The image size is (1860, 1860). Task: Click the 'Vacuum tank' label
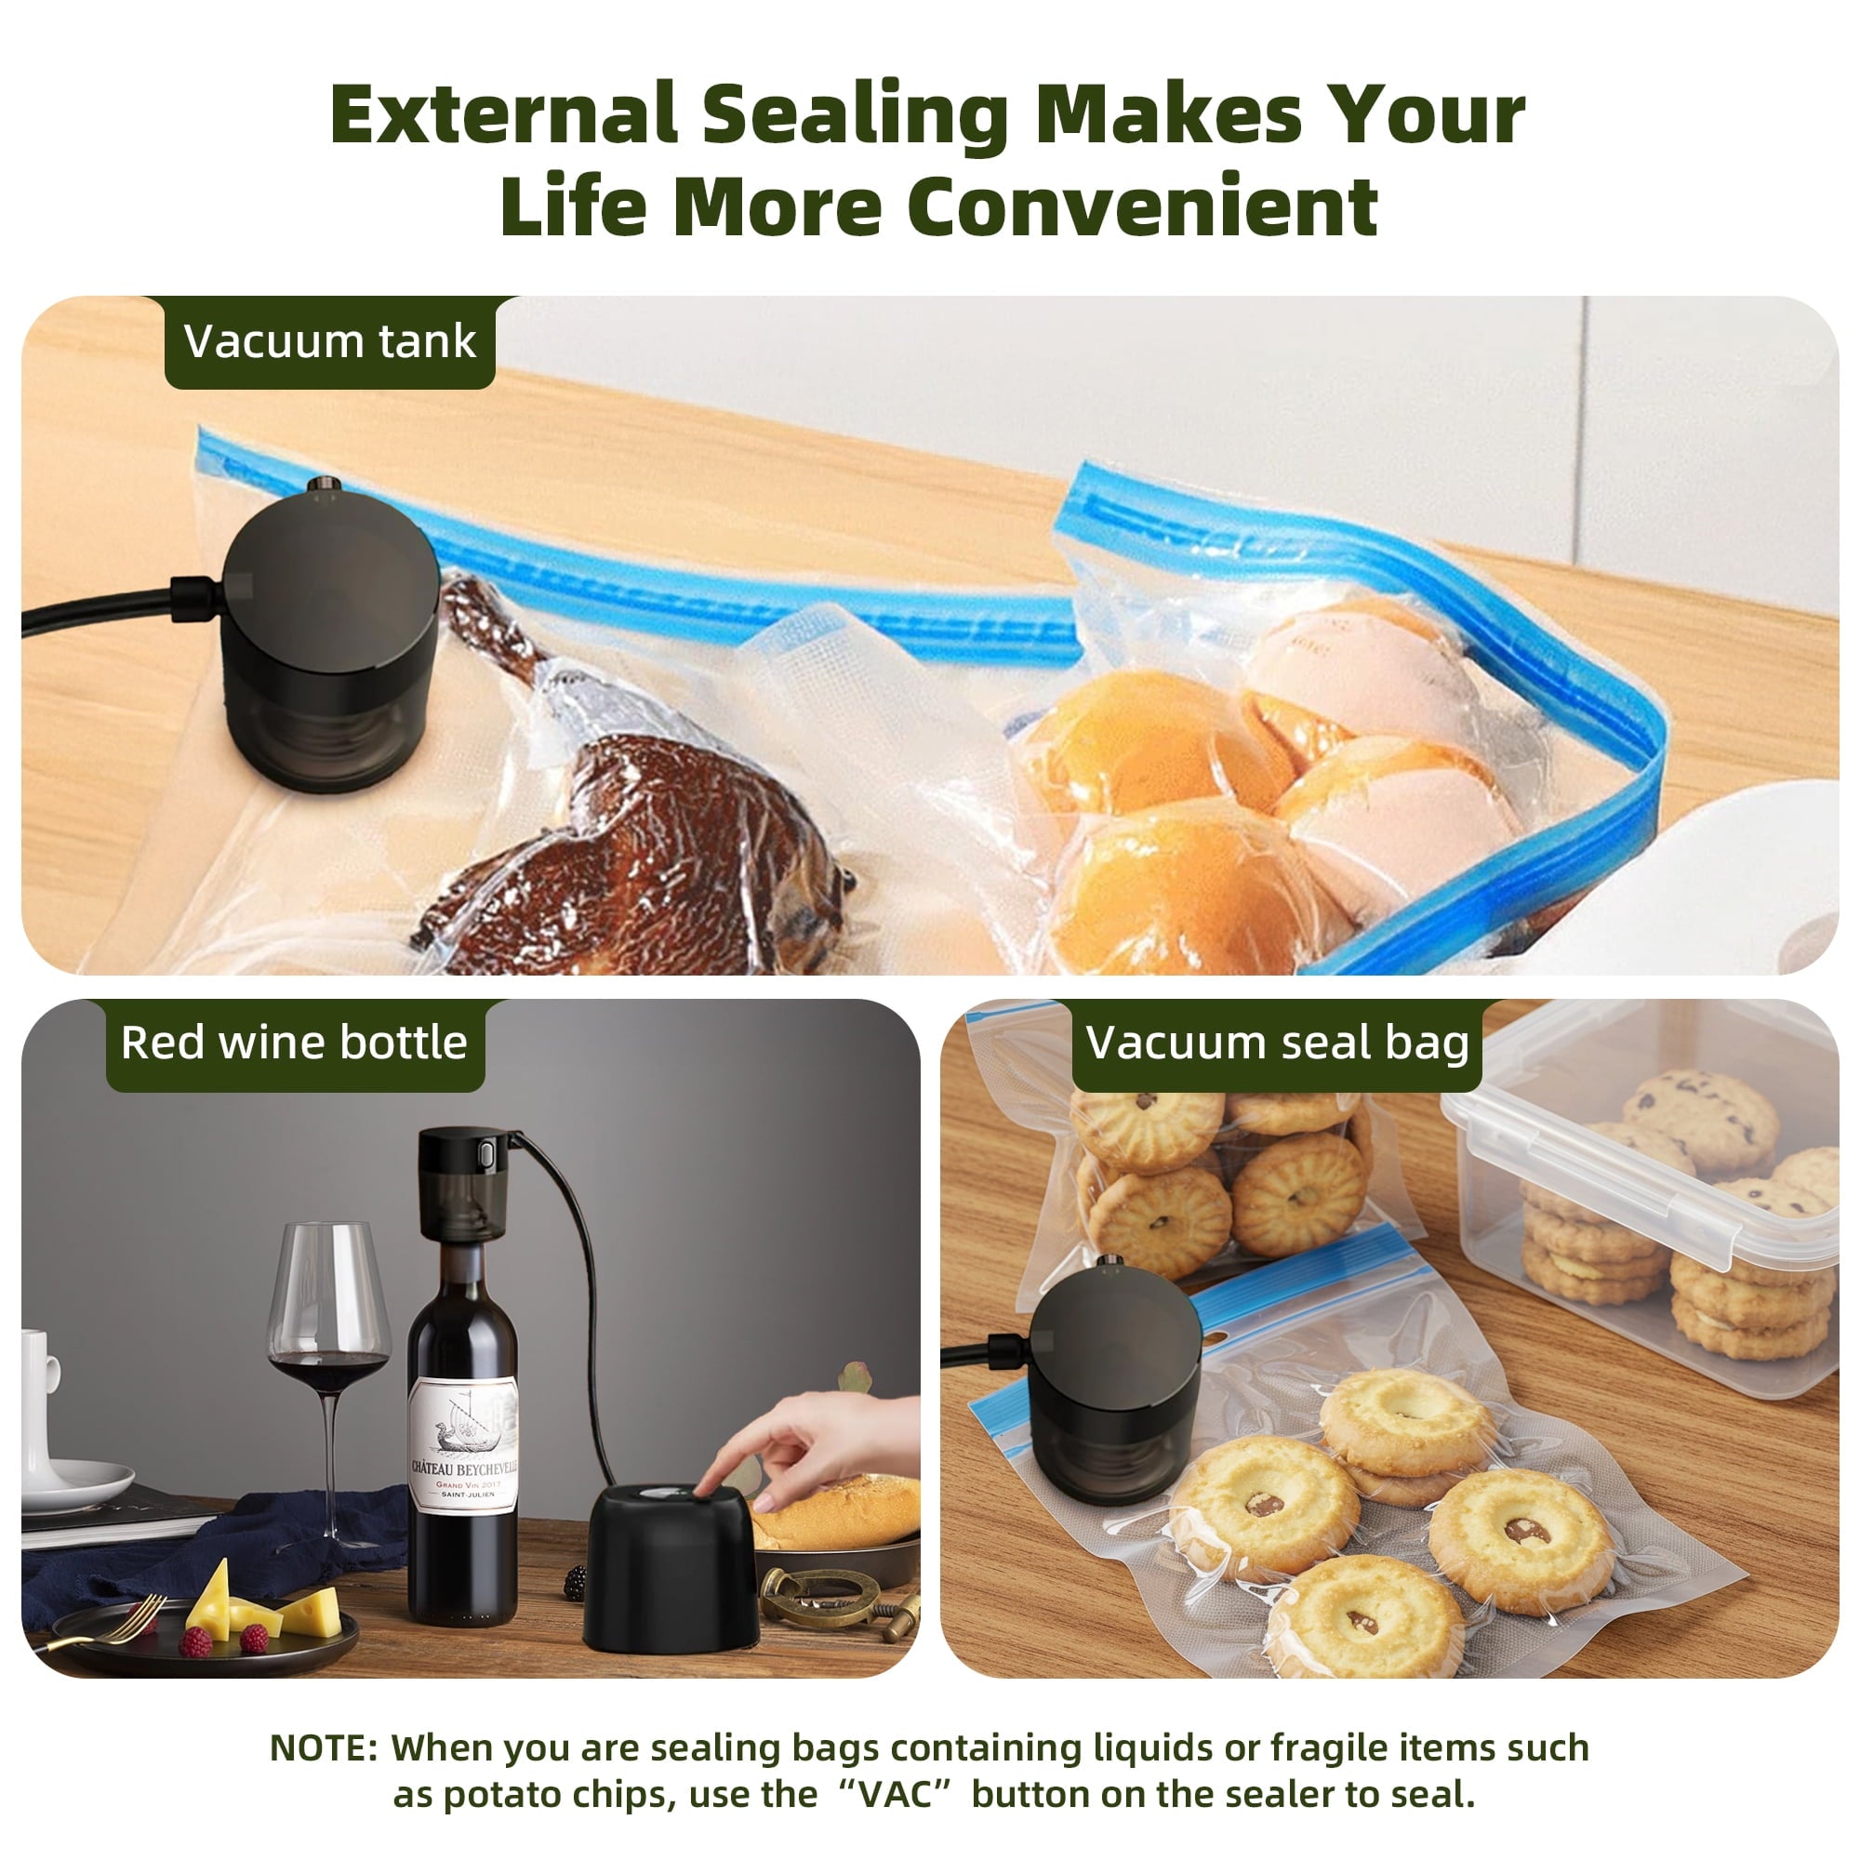tap(329, 341)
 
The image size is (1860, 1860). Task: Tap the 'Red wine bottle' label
tap(294, 1043)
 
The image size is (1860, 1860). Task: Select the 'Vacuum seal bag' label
tap(1277, 1043)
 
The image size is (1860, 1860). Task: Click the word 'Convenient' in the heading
tap(1142, 207)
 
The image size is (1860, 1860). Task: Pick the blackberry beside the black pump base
tap(575, 1581)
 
